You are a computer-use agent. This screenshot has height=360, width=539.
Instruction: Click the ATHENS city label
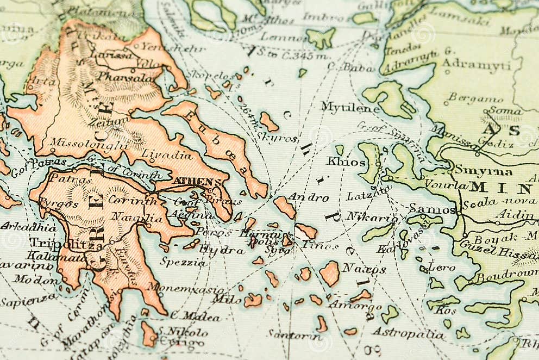tap(197, 182)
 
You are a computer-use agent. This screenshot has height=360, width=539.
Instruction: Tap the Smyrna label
tap(483, 171)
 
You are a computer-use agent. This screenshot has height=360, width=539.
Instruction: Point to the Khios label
tap(346, 162)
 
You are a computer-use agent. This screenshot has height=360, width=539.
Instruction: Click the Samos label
tap(432, 208)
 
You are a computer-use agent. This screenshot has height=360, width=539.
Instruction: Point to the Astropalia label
tap(408, 333)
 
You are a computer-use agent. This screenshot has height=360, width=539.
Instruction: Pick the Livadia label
tap(167, 154)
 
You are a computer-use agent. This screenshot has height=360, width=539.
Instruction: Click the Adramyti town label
tap(476, 65)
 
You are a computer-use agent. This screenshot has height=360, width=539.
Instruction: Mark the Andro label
tap(308, 197)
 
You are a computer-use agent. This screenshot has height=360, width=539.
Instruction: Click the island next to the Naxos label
tap(329, 273)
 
